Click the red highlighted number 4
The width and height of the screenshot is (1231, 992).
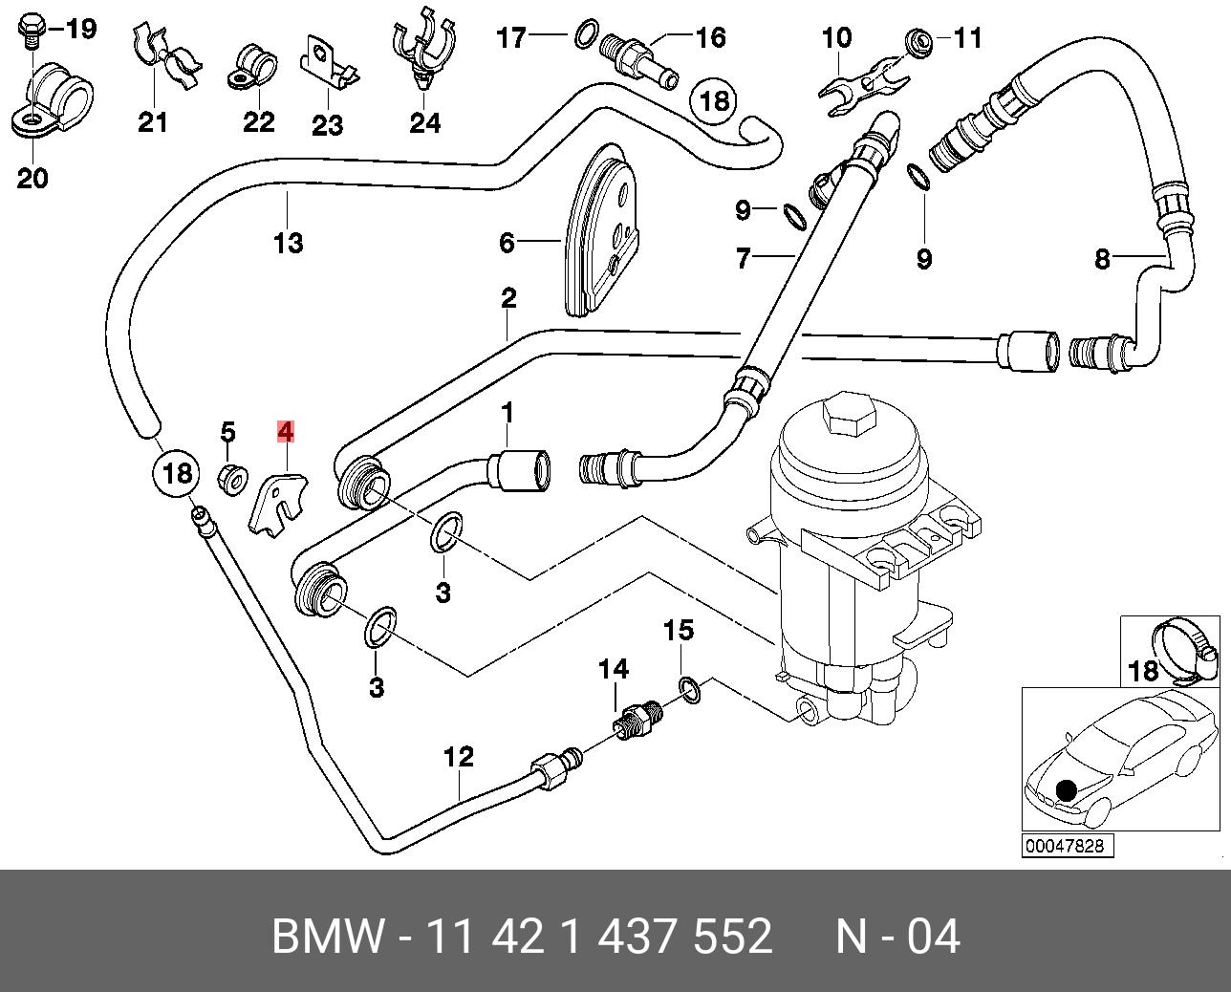point(286,432)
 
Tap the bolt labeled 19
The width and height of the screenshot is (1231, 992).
point(30,31)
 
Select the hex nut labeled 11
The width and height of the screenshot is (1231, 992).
point(919,41)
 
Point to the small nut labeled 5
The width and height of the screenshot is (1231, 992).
point(233,480)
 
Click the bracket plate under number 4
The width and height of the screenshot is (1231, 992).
point(277,503)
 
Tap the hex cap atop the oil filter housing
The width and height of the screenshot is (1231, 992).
point(848,413)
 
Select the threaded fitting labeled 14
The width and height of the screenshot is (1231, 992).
point(638,722)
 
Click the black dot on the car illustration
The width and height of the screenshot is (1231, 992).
point(1065,791)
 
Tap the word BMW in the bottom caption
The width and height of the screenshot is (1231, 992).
point(328,936)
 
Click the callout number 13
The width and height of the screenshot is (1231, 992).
point(289,243)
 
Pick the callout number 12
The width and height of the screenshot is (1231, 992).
point(459,757)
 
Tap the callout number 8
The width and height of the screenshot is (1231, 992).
point(1102,259)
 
